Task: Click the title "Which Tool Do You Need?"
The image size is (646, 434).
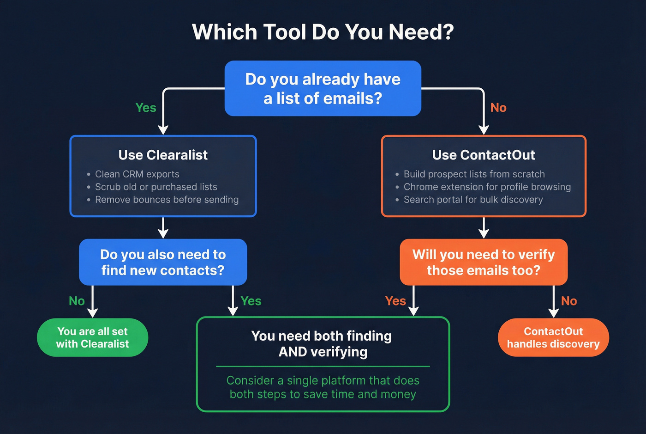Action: click(x=323, y=32)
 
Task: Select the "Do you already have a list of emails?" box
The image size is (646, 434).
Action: click(x=323, y=88)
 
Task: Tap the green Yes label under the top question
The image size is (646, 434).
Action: click(x=146, y=108)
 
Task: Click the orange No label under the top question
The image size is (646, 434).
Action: click(x=498, y=108)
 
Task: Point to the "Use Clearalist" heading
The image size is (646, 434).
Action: click(x=163, y=155)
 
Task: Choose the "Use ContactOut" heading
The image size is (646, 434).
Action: click(x=484, y=155)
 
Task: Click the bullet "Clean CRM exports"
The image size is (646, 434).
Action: click(x=137, y=174)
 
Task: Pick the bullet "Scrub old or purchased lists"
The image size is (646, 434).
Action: click(x=156, y=187)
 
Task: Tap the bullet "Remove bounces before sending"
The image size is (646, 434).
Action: click(x=167, y=200)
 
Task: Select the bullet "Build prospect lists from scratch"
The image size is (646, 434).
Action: click(x=474, y=174)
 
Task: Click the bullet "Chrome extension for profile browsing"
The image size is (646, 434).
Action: click(x=487, y=187)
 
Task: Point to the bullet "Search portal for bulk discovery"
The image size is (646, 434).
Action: click(x=473, y=200)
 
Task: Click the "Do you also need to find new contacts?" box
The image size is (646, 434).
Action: click(x=163, y=262)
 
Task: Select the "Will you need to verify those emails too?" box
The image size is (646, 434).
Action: click(x=484, y=262)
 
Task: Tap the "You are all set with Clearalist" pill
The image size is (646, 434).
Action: click(x=92, y=337)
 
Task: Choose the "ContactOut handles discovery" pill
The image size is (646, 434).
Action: click(x=553, y=337)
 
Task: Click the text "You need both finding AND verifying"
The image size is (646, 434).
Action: click(x=323, y=343)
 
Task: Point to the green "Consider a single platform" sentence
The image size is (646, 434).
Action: click(x=323, y=387)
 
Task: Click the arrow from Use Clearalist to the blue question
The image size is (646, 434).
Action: click(x=163, y=227)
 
